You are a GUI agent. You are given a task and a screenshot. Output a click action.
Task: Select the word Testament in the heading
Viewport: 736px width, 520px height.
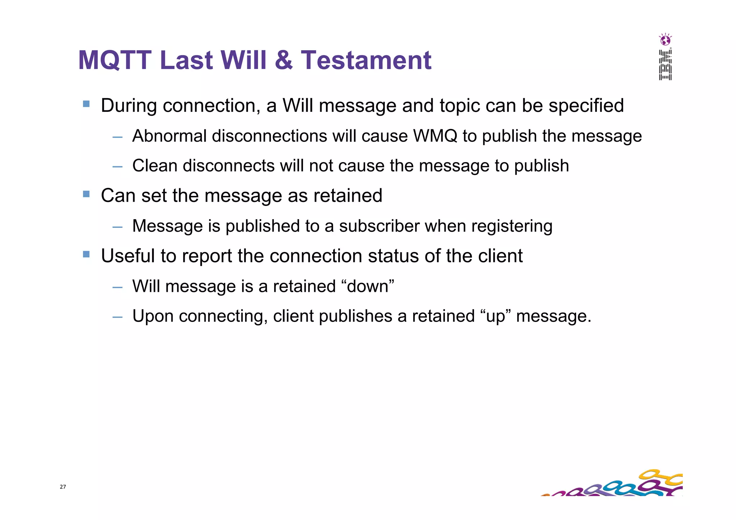pyautogui.click(x=366, y=60)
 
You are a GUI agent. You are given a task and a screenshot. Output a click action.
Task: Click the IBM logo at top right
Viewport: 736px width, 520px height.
pyautogui.click(x=665, y=65)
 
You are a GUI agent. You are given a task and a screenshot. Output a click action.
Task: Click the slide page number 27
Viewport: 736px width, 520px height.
pyautogui.click(x=63, y=487)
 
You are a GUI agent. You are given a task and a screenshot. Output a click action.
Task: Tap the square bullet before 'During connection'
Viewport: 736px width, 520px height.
pyautogui.click(x=86, y=104)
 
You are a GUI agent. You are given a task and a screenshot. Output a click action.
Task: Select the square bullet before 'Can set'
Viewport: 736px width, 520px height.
pyautogui.click(x=86, y=194)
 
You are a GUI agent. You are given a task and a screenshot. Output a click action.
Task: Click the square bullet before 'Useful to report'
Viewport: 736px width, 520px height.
pyautogui.click(x=86, y=254)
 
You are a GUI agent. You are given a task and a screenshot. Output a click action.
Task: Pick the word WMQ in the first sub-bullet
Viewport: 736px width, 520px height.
pyautogui.click(x=435, y=136)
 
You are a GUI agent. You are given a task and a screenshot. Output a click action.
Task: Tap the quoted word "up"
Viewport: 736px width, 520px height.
pyautogui.click(x=495, y=317)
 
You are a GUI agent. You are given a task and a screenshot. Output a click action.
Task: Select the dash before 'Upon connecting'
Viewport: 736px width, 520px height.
pyautogui.click(x=117, y=317)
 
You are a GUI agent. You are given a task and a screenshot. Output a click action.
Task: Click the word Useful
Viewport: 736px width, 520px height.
pyautogui.click(x=127, y=256)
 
